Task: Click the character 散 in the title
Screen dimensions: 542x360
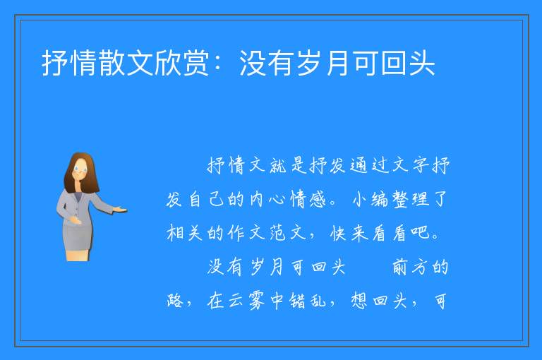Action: [112, 63]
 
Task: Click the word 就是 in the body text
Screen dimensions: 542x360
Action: [289, 165]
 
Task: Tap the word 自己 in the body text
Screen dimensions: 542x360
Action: [206, 199]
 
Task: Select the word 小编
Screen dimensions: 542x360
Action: [371, 199]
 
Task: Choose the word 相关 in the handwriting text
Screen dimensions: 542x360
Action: [185, 233]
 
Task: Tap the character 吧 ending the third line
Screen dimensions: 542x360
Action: [421, 233]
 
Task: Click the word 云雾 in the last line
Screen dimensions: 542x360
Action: [246, 301]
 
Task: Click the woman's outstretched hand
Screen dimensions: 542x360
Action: [120, 209]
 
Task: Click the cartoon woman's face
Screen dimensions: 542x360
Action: [81, 169]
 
